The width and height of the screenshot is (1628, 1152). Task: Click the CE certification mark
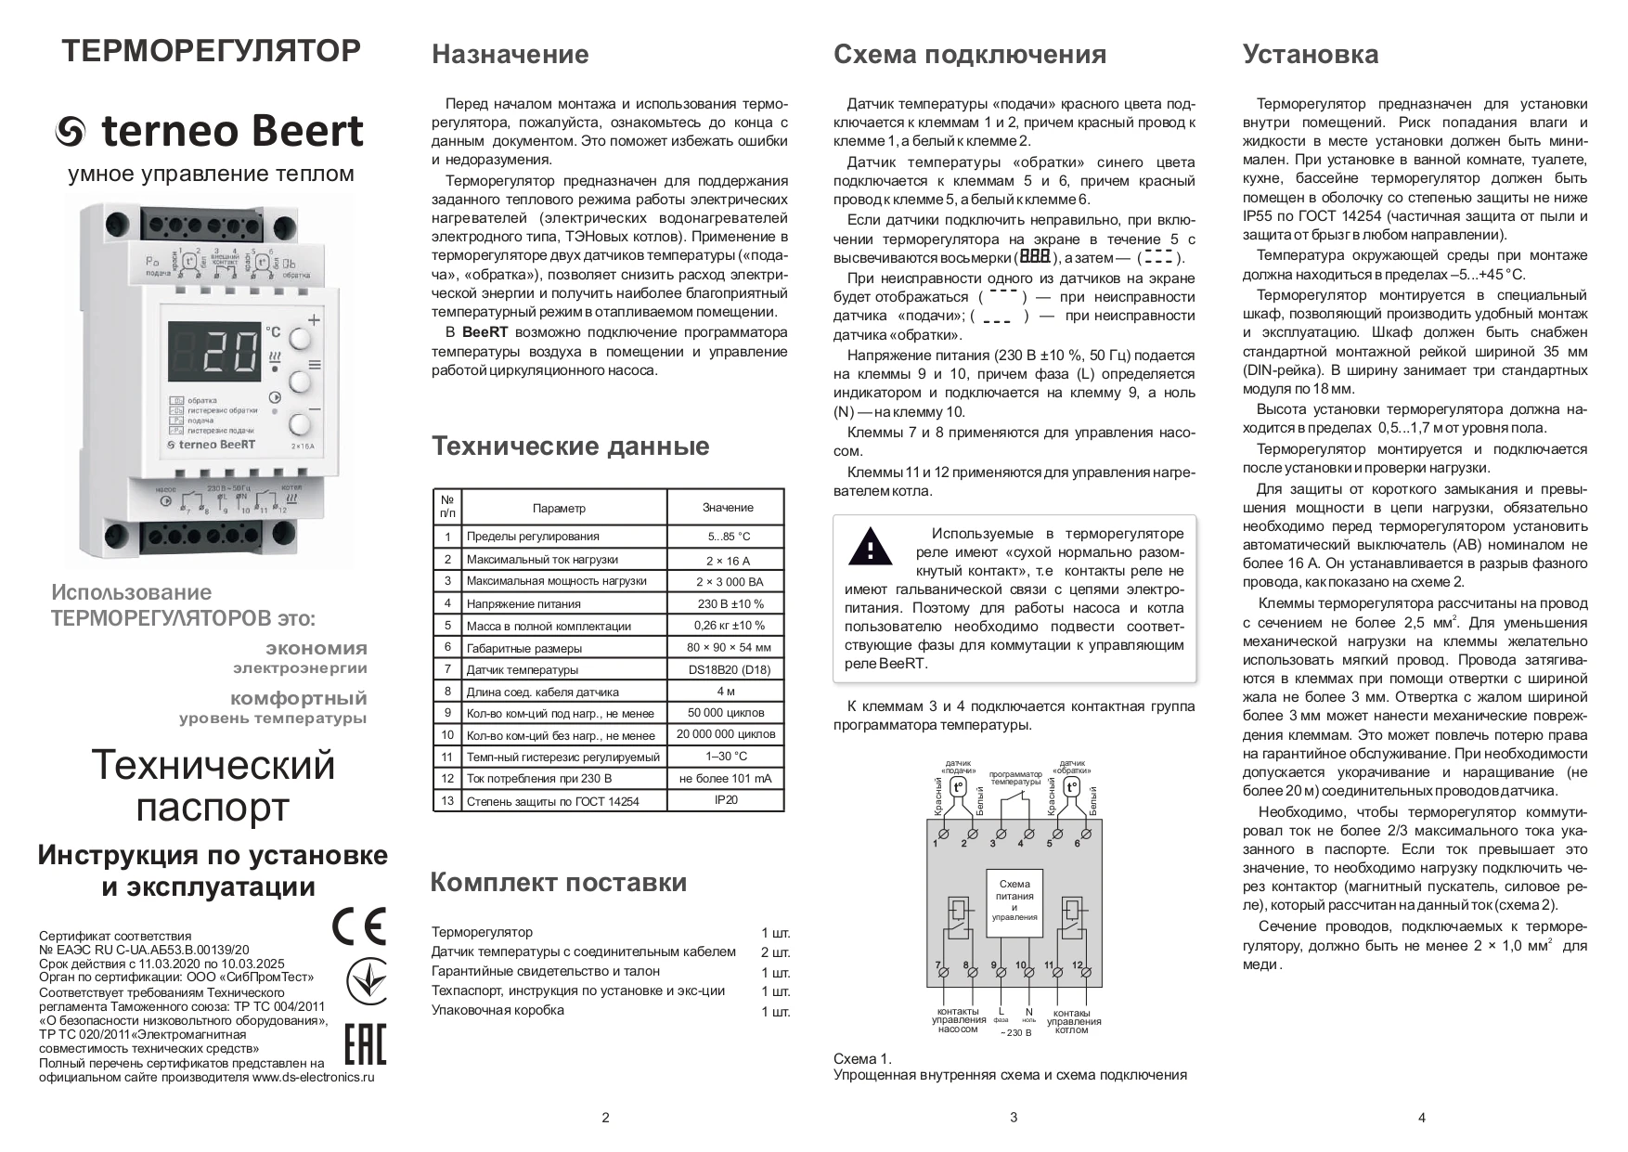[358, 925]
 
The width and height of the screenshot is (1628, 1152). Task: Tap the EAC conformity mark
[365, 1043]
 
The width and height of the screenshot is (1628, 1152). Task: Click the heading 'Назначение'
[510, 55]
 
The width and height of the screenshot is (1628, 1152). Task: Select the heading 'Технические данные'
[570, 447]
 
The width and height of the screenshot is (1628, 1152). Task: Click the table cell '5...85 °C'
[728, 537]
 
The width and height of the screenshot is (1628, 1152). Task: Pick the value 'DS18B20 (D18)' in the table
[728, 669]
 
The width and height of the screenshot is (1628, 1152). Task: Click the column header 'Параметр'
[559, 508]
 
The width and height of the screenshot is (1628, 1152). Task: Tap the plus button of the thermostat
[300, 338]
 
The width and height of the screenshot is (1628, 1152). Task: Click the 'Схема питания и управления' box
[1014, 900]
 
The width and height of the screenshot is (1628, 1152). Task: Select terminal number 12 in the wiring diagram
[1078, 966]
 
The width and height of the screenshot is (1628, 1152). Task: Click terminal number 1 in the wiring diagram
[936, 843]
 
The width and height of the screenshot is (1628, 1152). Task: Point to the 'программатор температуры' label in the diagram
[1015, 778]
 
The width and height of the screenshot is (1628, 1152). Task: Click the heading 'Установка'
[1310, 55]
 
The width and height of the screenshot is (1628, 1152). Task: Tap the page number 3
[1013, 1117]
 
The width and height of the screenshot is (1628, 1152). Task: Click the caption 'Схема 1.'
[861, 1058]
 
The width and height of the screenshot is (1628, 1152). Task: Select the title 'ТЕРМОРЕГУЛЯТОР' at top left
[211, 51]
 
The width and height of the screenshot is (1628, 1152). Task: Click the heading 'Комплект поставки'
[558, 882]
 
